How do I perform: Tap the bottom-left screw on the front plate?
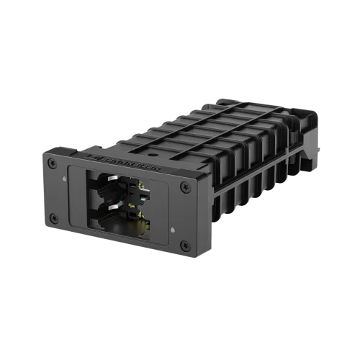[55, 218]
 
